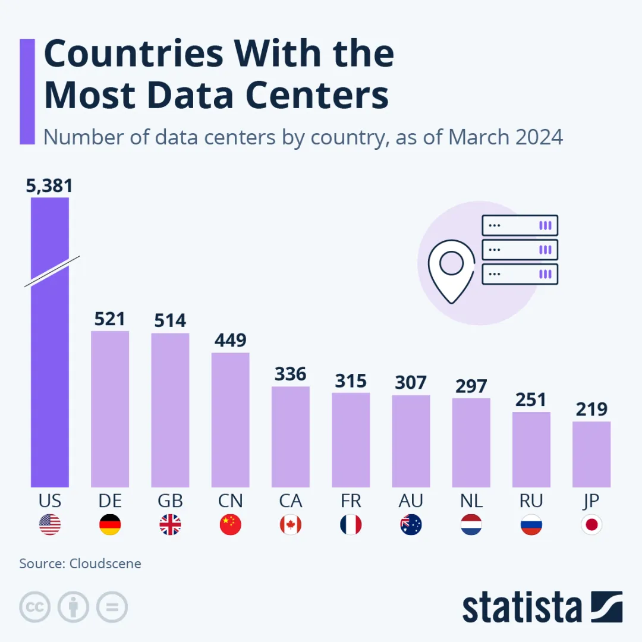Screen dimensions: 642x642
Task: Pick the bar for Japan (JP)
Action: (591, 454)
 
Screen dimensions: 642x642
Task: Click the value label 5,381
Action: (49, 186)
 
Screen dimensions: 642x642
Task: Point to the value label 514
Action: (170, 321)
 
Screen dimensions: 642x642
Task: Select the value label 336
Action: (291, 374)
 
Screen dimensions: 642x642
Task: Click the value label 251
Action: (531, 400)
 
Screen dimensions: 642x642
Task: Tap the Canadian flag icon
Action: (291, 525)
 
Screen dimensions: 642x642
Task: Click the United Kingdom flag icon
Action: (170, 525)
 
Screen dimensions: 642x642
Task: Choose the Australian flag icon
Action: (411, 525)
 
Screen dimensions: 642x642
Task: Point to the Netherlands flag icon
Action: (471, 525)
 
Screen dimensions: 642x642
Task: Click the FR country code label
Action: (351, 501)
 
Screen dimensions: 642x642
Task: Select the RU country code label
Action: (531, 501)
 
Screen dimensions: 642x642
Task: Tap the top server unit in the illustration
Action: (520, 226)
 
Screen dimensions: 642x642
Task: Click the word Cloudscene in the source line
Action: (105, 564)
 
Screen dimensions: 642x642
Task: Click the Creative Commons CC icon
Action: (35, 608)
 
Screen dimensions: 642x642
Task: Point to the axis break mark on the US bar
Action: (52, 272)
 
